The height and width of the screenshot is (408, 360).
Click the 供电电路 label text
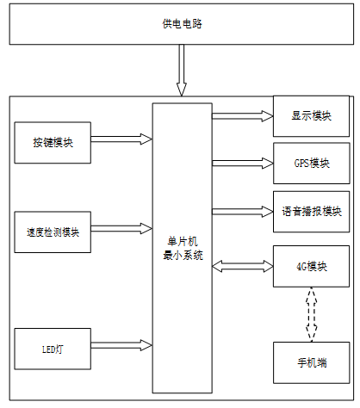183,23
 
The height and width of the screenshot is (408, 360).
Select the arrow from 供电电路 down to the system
182,70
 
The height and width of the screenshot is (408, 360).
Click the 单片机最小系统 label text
183,248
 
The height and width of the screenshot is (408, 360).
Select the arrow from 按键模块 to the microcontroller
121,139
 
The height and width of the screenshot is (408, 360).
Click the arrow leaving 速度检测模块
121,228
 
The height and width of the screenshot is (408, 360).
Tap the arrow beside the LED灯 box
121,345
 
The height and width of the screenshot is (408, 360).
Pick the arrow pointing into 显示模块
243,116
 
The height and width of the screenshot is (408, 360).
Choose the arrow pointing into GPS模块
243,164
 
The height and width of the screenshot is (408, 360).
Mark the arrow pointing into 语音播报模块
243,212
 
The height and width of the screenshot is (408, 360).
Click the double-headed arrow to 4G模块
243,266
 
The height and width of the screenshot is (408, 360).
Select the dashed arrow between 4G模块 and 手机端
312,314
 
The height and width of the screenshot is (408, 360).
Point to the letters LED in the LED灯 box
48,349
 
